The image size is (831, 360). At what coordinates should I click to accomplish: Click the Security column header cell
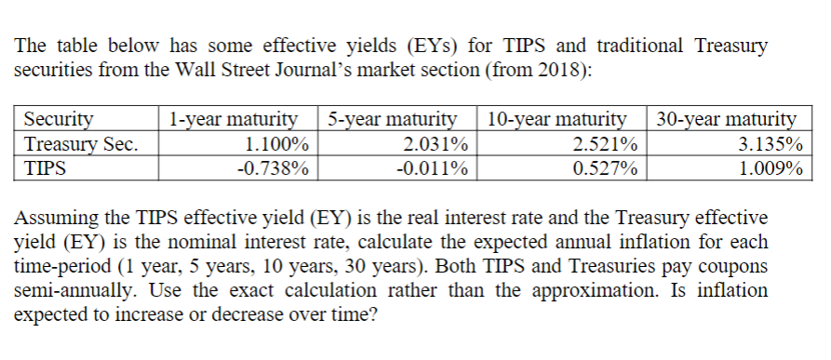tap(58, 119)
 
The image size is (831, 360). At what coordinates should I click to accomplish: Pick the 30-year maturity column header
tap(726, 119)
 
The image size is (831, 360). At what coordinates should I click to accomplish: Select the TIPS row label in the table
tap(46, 168)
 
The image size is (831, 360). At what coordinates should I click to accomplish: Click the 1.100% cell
tap(275, 143)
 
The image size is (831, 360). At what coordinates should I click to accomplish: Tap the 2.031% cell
tap(436, 143)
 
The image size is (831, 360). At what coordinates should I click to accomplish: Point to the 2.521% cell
tap(605, 143)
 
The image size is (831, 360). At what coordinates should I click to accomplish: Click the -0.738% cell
tap(272, 168)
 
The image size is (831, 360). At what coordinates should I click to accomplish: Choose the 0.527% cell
tap(605, 168)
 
